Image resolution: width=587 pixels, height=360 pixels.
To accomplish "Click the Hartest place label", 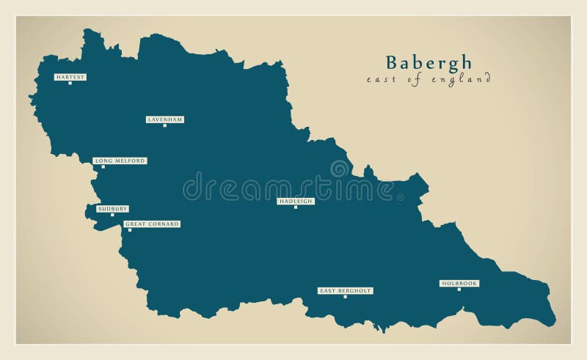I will (x=70, y=76).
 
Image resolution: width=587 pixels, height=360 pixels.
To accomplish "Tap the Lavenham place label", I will (x=164, y=119).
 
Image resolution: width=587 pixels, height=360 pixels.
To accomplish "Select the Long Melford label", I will (x=119, y=161).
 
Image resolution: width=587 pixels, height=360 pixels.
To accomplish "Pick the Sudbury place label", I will (x=112, y=209).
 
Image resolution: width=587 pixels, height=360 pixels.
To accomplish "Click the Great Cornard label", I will (x=151, y=224).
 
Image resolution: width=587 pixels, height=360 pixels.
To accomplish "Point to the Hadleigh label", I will (x=296, y=200).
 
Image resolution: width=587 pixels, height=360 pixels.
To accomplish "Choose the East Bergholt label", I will (x=345, y=290).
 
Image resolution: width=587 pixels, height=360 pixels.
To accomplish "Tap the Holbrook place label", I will (x=459, y=283).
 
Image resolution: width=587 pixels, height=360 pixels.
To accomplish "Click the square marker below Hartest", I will (x=70, y=83).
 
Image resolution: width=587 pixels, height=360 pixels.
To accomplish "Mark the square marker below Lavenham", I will (x=164, y=125).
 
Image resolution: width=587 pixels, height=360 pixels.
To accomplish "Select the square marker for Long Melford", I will (x=103, y=167).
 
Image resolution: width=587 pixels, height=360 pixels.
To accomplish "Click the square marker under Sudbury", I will (x=112, y=215).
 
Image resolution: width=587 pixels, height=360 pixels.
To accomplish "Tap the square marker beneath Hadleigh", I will (x=296, y=207).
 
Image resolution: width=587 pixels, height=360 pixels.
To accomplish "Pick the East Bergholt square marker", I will (x=345, y=297).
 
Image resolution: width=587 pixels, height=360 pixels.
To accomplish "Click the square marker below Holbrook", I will (x=459, y=289).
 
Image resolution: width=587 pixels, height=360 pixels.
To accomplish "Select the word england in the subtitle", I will (x=462, y=79).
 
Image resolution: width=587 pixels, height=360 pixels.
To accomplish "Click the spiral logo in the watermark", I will (x=340, y=169).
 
